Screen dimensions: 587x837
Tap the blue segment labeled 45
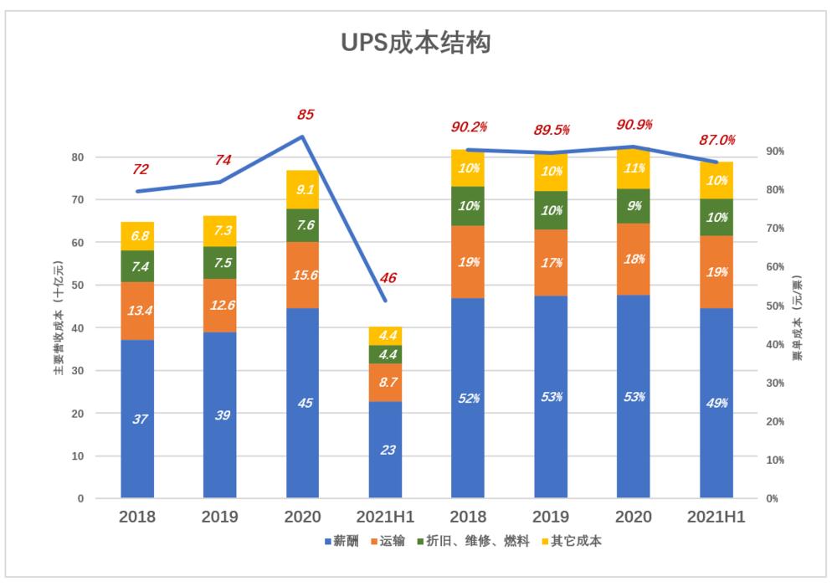(304, 404)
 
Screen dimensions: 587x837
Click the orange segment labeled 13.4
(138, 312)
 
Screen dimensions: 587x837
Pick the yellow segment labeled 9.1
(304, 189)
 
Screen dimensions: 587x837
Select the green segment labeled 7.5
(220, 262)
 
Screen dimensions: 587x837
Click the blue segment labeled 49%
(716, 404)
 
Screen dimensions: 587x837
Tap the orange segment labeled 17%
(551, 262)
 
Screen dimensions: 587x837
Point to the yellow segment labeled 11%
(633, 168)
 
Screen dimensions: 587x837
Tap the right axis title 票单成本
(798, 317)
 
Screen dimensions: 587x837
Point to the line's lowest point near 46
(385, 300)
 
